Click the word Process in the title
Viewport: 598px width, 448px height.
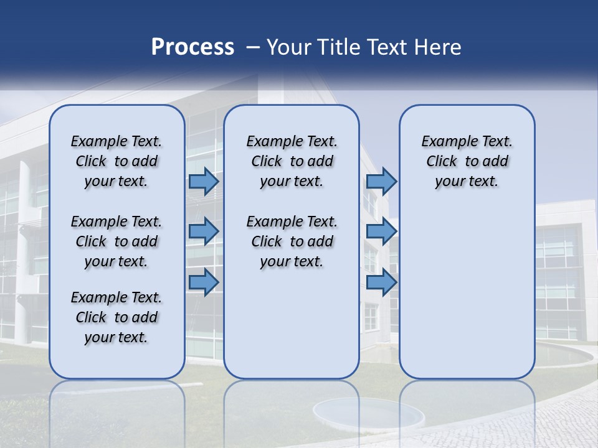tap(192, 47)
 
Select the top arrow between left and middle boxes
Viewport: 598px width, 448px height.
tap(204, 181)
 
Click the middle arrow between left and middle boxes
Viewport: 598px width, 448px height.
tap(204, 231)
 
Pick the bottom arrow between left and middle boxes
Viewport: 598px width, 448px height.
tap(204, 282)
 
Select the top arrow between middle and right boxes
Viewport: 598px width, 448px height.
tap(381, 181)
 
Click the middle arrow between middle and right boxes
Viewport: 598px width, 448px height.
tap(381, 231)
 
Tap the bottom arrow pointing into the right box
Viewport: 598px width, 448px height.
tap(381, 282)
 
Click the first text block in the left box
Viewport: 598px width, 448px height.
tap(116, 161)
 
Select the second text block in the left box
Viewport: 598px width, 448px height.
tap(116, 241)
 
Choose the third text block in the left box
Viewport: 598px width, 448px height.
tap(116, 317)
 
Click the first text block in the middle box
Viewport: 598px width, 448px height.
tap(292, 161)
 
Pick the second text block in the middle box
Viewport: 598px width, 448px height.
tap(292, 241)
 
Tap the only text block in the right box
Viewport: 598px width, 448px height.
tap(467, 161)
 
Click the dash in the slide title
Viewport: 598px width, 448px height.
tap(253, 48)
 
